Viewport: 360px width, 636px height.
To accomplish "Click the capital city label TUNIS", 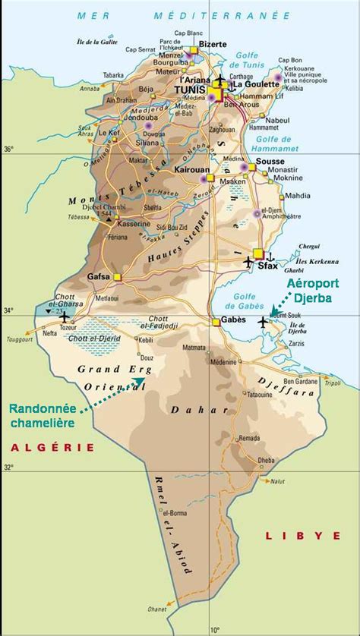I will pyautogui.click(x=191, y=89).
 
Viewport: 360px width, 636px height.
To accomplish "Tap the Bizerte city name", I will pyautogui.click(x=212, y=45).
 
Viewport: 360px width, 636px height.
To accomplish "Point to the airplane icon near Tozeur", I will pyautogui.click(x=64, y=316).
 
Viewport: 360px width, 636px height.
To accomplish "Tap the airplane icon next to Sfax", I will pyautogui.click(x=248, y=261).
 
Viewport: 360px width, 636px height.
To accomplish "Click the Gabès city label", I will pyautogui.click(x=233, y=321).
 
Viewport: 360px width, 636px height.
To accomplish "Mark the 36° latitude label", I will pyautogui.click(x=8, y=150).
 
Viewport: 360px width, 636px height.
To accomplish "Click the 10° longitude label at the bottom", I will pyautogui.click(x=214, y=628).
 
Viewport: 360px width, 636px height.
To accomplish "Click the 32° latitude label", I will pyautogui.click(x=8, y=468).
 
